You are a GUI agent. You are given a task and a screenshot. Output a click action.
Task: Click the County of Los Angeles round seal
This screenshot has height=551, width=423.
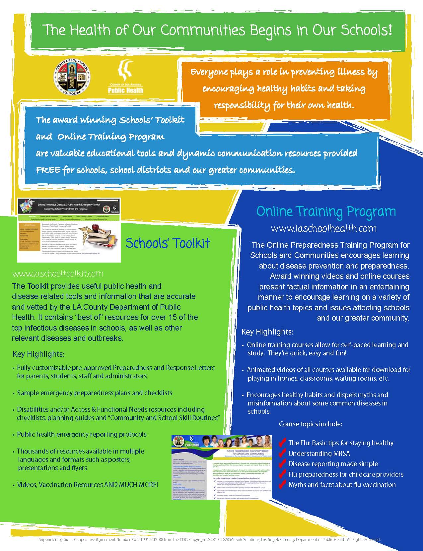(72, 77)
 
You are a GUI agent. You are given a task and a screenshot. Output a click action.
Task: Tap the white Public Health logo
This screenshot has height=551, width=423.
(126, 77)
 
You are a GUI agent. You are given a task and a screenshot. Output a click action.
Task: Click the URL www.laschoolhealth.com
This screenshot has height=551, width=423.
(323, 228)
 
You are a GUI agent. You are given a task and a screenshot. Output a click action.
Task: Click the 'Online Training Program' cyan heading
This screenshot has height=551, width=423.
(326, 212)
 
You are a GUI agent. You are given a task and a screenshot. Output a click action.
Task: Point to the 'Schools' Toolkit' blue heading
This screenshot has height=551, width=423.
(168, 243)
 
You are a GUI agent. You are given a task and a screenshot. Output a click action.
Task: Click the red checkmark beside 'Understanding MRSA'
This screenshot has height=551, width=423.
(282, 453)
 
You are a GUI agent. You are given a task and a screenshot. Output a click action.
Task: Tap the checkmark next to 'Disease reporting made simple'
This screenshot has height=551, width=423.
(282, 464)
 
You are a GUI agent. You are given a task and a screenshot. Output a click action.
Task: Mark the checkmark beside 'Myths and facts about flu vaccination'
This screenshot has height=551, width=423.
(282, 485)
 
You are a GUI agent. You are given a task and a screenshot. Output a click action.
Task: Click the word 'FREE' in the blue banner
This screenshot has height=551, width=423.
(48, 170)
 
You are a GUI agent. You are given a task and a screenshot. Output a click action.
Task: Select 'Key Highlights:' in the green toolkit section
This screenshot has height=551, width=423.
(38, 354)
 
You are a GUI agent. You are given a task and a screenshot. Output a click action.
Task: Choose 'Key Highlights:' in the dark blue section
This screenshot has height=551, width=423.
(267, 332)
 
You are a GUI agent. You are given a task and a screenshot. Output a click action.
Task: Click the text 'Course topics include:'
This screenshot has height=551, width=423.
(310, 424)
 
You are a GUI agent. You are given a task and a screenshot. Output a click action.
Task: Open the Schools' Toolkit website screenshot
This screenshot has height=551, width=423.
(69, 230)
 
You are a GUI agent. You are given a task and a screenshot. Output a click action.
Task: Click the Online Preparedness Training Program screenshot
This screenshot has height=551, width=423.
(222, 467)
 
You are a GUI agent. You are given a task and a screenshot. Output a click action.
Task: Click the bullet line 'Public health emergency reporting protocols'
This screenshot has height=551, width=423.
(82, 434)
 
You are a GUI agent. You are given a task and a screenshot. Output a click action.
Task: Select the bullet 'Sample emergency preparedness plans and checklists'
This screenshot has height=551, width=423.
(95, 393)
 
